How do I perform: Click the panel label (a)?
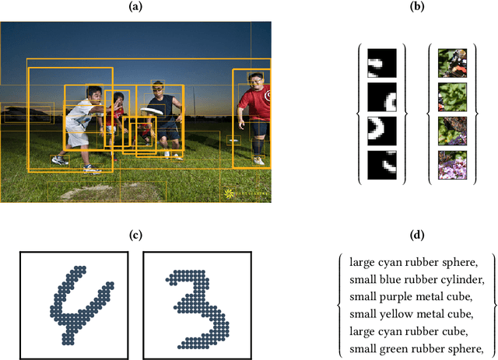135,7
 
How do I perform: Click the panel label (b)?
417,7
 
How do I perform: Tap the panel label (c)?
135,235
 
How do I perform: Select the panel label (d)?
417,235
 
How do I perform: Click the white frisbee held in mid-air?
152,111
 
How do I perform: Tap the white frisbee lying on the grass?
233,140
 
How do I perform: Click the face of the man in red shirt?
256,81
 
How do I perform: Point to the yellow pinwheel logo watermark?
229,194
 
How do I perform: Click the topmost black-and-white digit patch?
382,63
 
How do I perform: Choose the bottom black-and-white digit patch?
382,165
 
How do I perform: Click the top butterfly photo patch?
452,63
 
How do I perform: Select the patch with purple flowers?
452,165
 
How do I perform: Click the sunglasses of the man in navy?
157,89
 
